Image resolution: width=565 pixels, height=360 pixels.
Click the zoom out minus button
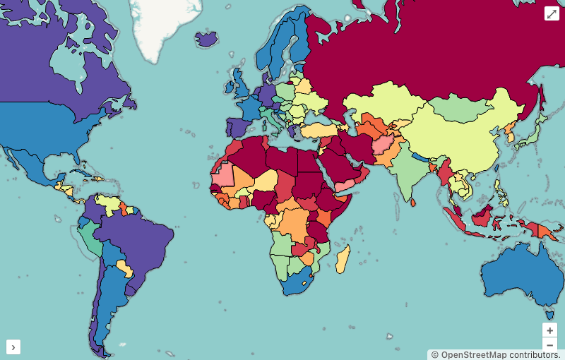coord(550,345)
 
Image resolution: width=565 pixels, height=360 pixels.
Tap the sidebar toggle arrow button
coord(14,347)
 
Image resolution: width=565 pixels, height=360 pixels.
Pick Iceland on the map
coord(207,39)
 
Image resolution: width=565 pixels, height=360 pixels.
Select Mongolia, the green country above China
coord(459,109)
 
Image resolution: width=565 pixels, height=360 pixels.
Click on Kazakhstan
coord(385,102)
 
